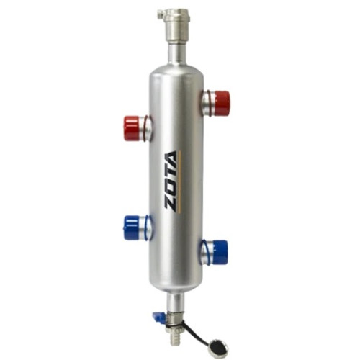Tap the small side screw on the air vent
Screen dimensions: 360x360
coord(160,15)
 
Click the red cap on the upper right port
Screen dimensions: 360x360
coord(222,102)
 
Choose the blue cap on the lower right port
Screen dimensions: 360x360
coord(220,252)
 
